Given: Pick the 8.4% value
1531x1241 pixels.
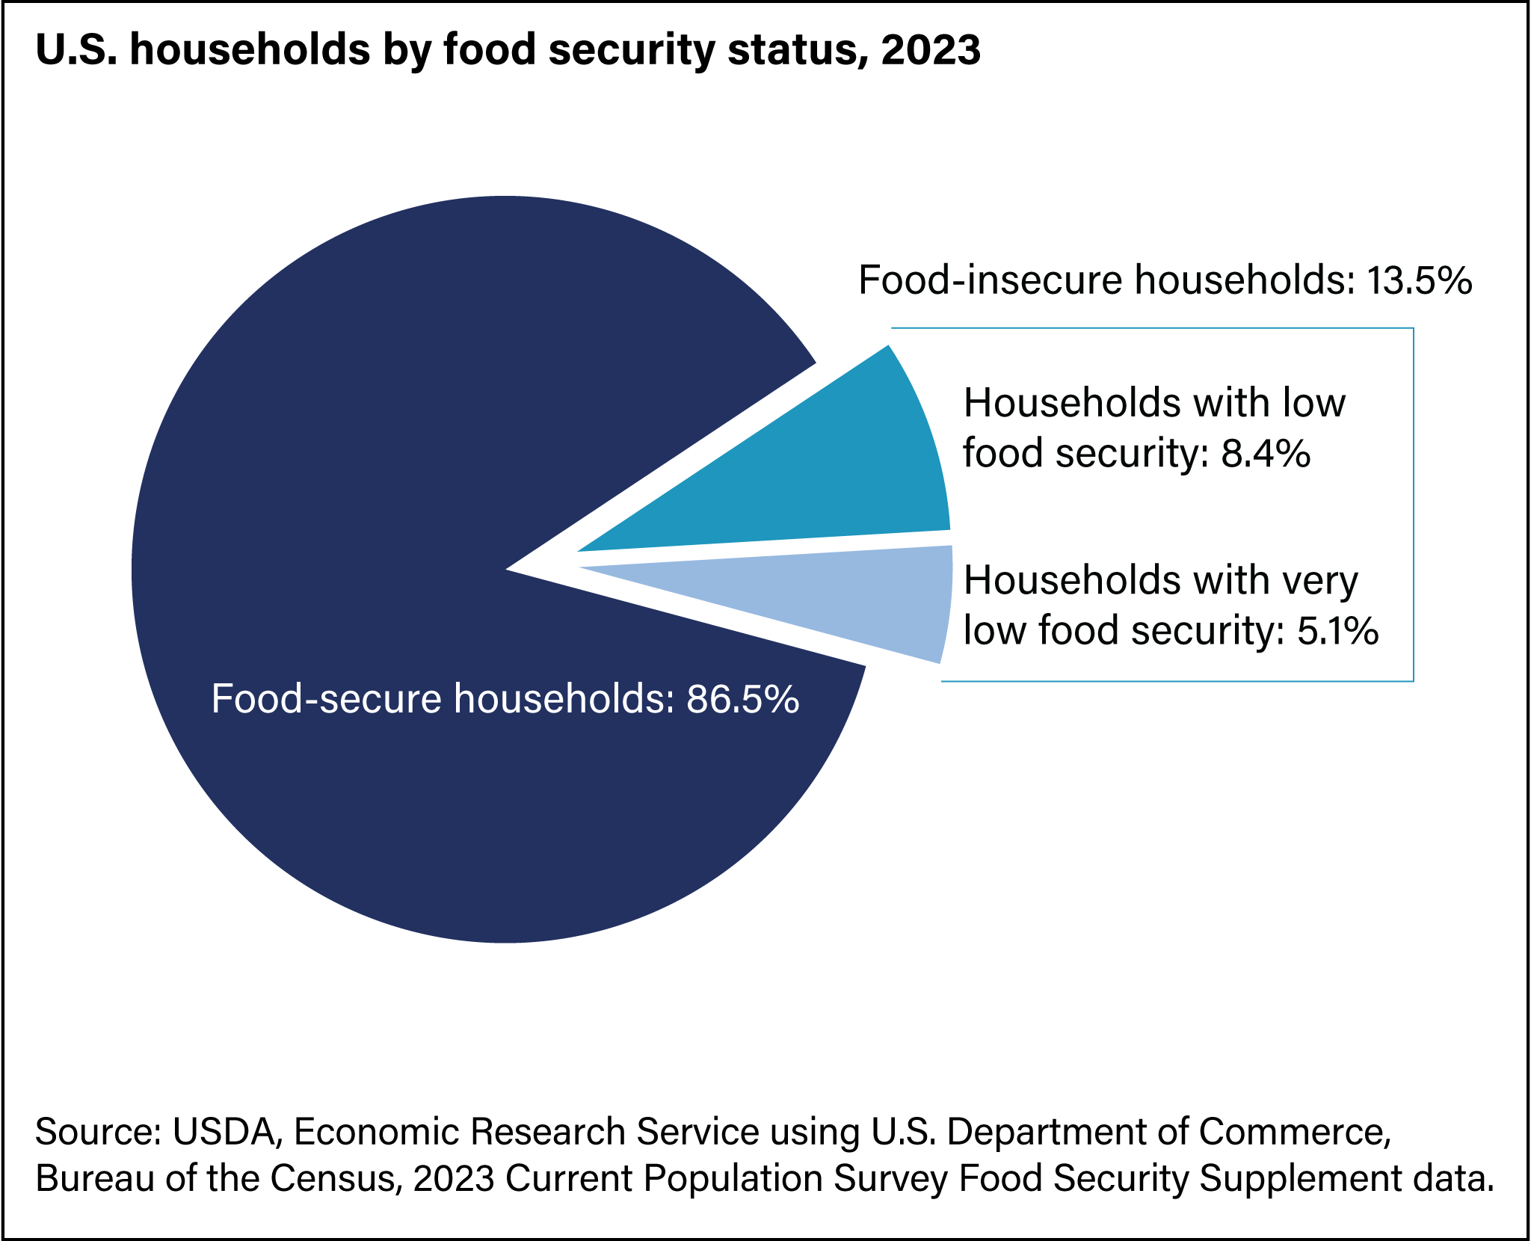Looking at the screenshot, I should tap(1266, 454).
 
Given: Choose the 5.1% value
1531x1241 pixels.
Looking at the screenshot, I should tap(1337, 630).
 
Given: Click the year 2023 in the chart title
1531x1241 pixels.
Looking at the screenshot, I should tap(930, 49).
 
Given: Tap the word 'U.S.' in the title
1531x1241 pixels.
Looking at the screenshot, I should tap(75, 49).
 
